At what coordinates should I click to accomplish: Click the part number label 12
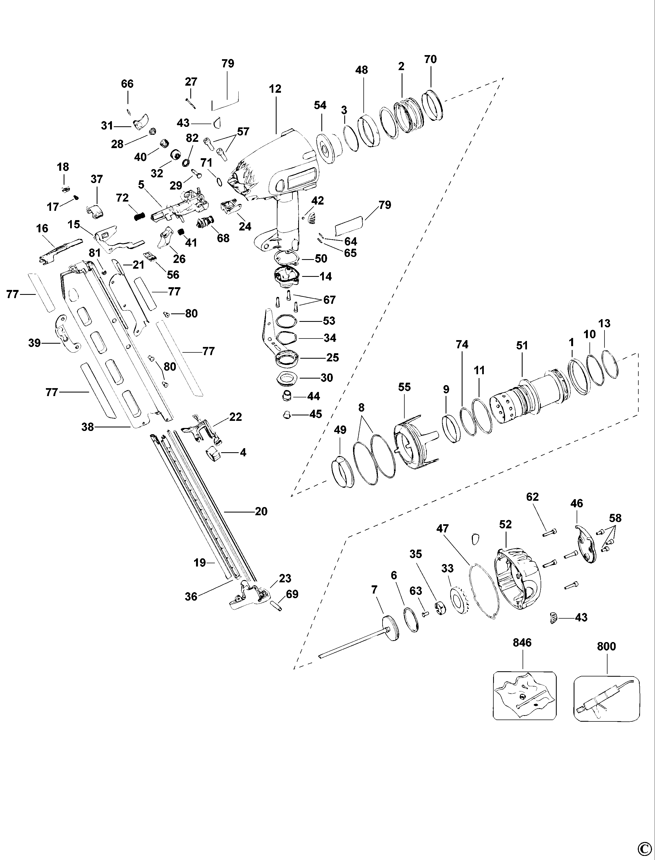[x=275, y=89]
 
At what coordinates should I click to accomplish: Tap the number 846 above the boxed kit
[x=522, y=643]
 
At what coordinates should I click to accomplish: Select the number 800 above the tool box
[x=606, y=646]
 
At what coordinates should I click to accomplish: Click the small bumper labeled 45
[x=287, y=415]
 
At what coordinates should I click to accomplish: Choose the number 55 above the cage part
[x=405, y=387]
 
